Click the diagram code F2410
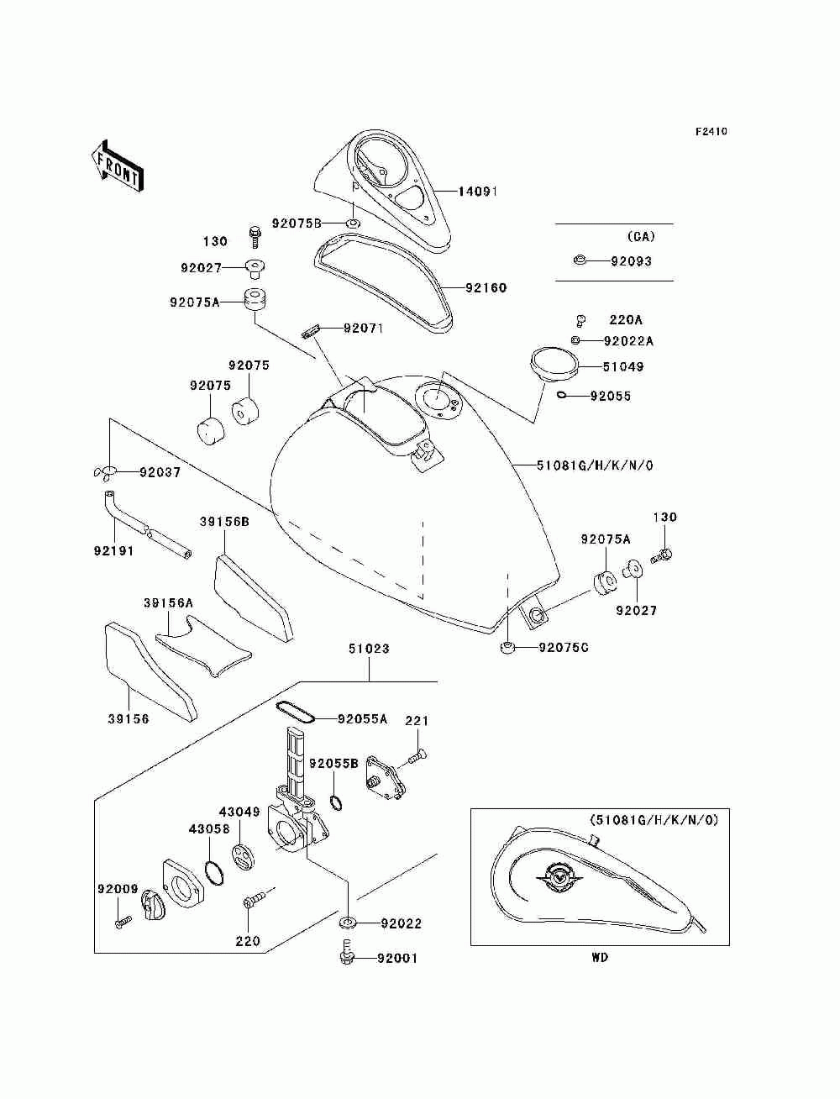coord(711,132)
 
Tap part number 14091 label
coord(478,192)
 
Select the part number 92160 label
coord(486,288)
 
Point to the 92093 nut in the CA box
coord(580,260)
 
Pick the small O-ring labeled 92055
coord(562,396)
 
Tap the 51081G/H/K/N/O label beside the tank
coord(595,465)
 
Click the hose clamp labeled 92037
coord(105,472)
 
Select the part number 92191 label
coord(113,550)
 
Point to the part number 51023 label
coord(369,649)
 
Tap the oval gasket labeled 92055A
coord(295,712)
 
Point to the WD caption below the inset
coord(600,958)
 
